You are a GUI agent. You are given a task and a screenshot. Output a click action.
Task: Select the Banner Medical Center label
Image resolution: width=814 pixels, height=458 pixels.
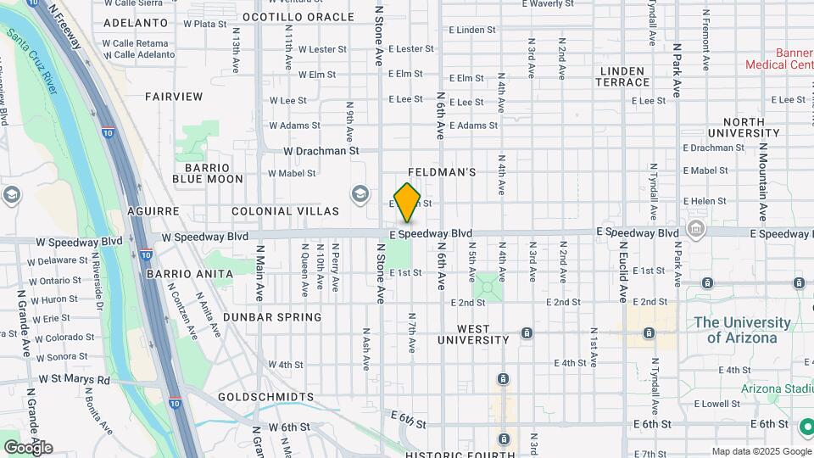coord(778,58)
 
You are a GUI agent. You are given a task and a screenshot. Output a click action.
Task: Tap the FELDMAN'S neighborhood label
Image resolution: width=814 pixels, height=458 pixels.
coord(441,172)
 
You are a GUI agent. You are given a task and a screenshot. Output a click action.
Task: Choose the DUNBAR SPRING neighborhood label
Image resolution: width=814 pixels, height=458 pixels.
coord(272,317)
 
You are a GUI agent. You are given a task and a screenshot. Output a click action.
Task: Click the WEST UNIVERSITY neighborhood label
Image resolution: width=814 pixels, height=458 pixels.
coord(473,334)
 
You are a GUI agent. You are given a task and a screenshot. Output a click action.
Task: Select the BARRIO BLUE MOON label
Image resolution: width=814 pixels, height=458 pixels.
coord(208,172)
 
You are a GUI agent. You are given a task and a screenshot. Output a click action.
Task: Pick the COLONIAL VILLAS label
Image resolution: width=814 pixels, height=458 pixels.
coord(285,211)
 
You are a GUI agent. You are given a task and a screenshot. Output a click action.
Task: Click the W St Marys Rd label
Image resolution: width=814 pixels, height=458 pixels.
coord(75,380)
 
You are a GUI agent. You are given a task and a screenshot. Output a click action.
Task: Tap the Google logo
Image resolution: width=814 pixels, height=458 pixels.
coord(28,448)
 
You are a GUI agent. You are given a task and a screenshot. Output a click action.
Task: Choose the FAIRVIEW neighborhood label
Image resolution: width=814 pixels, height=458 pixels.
coord(174,97)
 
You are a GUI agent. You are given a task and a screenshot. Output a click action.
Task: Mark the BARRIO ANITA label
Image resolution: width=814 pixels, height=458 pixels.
coord(190,274)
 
